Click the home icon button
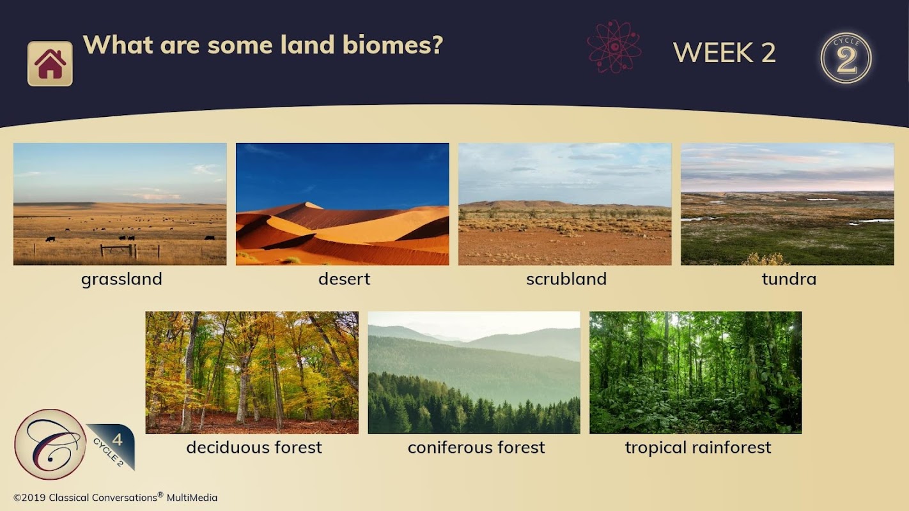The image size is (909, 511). click(x=50, y=64)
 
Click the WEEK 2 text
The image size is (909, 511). click(x=724, y=53)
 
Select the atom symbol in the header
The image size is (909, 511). click(x=614, y=47)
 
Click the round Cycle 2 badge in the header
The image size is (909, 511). click(x=846, y=58)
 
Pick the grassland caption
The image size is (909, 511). click(x=121, y=279)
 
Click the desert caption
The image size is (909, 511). click(x=344, y=279)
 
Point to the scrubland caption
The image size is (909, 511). click(x=566, y=279)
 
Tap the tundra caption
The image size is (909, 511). click(x=789, y=279)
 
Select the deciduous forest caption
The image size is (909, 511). click(x=254, y=447)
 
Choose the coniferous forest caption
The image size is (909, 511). click(x=476, y=447)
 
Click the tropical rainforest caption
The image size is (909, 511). click(x=698, y=448)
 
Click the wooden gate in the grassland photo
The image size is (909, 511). click(x=118, y=250)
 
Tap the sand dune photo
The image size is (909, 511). click(x=343, y=204)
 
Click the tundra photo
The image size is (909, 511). click(x=788, y=204)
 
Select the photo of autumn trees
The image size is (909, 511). click(x=252, y=372)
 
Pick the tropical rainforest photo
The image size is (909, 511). click(x=695, y=372)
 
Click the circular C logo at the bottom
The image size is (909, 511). click(x=49, y=444)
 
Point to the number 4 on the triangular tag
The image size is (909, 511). click(x=117, y=439)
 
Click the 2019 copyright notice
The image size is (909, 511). click(x=115, y=497)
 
